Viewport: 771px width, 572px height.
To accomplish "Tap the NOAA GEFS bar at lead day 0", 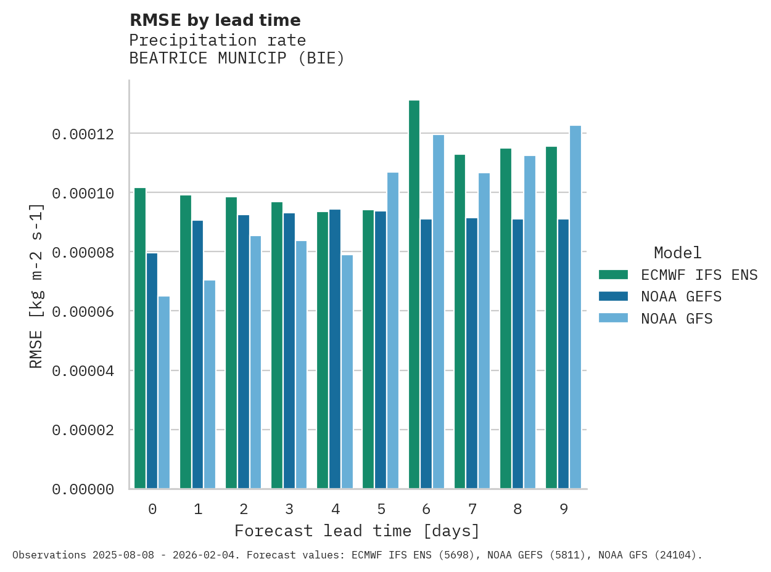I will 152,370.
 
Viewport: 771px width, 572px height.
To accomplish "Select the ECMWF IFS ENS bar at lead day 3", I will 277,345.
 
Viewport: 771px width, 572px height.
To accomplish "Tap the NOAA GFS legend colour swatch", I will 613,319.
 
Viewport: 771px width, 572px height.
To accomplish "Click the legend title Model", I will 677,253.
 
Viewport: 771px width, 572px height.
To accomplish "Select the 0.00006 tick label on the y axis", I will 83,311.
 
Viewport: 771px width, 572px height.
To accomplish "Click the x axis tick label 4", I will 335,509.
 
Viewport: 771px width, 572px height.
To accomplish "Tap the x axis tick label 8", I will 517,509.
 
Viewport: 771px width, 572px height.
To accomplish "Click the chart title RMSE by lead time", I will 215,20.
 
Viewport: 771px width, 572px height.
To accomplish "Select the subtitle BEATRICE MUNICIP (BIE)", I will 237,59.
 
